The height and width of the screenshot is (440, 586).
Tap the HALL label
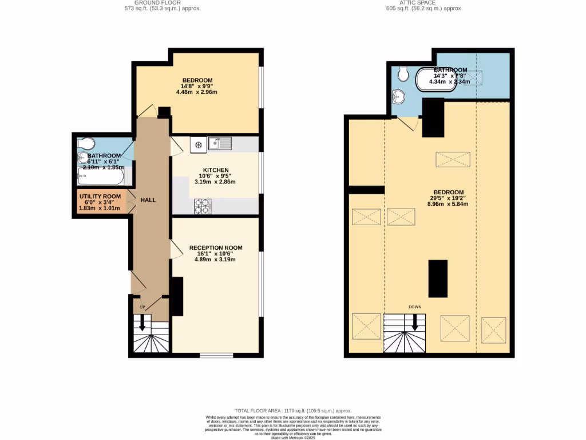[x=148, y=200]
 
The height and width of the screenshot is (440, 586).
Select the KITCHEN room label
[x=215, y=170]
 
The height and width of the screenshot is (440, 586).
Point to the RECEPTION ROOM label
[x=216, y=248]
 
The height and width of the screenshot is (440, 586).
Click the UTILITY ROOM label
[x=100, y=197]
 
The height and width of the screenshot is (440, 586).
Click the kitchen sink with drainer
[x=220, y=143]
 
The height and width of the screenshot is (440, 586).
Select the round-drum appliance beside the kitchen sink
[x=199, y=146]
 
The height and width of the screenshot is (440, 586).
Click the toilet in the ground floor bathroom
[x=87, y=143]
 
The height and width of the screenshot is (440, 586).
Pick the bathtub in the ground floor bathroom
[x=101, y=176]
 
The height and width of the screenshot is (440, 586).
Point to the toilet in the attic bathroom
[x=403, y=73]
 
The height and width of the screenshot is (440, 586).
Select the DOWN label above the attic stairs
[x=415, y=307]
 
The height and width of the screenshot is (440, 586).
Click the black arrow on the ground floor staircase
[x=141, y=324]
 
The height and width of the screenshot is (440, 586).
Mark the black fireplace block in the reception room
[x=177, y=296]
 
